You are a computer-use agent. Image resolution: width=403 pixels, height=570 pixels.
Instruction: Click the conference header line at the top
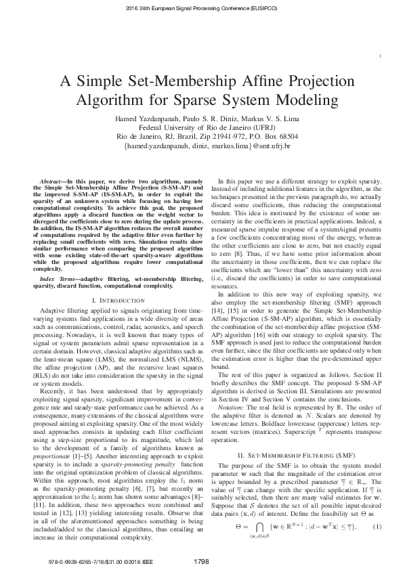pos(201,9)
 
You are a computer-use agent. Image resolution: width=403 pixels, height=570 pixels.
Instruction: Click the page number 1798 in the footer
pos(201,562)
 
